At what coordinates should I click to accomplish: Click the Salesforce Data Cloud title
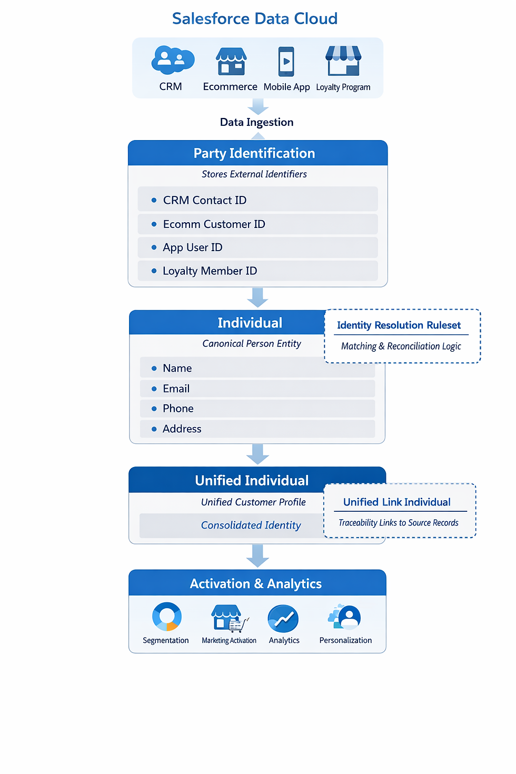[x=255, y=19]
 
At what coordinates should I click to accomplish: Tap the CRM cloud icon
[x=172, y=59]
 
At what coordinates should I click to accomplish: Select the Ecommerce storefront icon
[x=231, y=61]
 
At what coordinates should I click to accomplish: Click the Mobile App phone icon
[x=286, y=62]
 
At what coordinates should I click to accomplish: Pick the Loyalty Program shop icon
[x=343, y=61]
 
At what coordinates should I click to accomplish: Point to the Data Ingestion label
[x=256, y=122]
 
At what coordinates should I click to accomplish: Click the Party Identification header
[x=254, y=153]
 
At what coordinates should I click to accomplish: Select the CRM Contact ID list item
[x=204, y=200]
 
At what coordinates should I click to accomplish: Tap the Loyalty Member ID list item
[x=210, y=271]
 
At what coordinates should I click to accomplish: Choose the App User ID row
[x=192, y=247]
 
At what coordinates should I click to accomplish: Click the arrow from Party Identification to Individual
[x=257, y=297]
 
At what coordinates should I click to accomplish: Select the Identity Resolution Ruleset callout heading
[x=399, y=325]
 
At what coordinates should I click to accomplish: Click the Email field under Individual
[x=176, y=389]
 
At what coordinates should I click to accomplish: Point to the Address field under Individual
[x=182, y=429]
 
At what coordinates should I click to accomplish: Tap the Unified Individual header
[x=252, y=480]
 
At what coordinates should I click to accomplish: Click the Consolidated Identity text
[x=251, y=525]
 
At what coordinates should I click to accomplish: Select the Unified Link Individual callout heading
[x=396, y=502]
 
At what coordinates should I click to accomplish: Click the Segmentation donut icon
[x=166, y=617]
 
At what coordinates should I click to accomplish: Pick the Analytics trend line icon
[x=283, y=619]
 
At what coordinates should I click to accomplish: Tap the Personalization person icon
[x=348, y=617]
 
